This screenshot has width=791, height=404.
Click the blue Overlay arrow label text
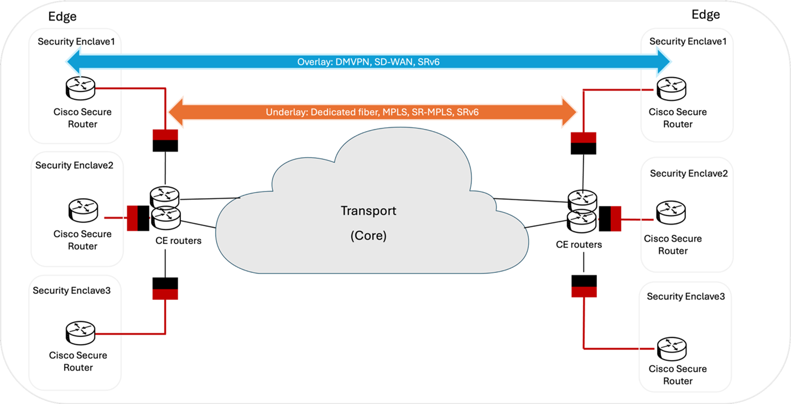[x=368, y=62]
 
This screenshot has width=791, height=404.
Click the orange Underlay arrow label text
[x=372, y=112]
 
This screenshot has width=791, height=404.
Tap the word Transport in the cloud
[x=368, y=211]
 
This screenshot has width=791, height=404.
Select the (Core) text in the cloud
[x=368, y=235]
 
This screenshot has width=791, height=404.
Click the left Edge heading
[x=63, y=17]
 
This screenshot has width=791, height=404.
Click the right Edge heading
[x=706, y=14]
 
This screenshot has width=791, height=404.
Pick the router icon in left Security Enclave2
[x=83, y=210]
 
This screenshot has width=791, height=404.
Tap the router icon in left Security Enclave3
[x=80, y=332]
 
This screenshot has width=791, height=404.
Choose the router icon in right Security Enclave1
[x=671, y=88]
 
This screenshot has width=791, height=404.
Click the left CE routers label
[x=179, y=240]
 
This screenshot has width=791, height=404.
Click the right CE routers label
[x=579, y=244]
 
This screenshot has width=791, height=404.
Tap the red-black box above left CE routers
[x=165, y=140]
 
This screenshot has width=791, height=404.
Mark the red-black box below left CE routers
[x=165, y=288]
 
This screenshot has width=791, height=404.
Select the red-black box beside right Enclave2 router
[x=610, y=218]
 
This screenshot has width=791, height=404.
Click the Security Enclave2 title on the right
[x=689, y=173]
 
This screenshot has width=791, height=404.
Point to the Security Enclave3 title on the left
[x=72, y=290]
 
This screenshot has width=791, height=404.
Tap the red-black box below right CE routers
[x=584, y=286]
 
